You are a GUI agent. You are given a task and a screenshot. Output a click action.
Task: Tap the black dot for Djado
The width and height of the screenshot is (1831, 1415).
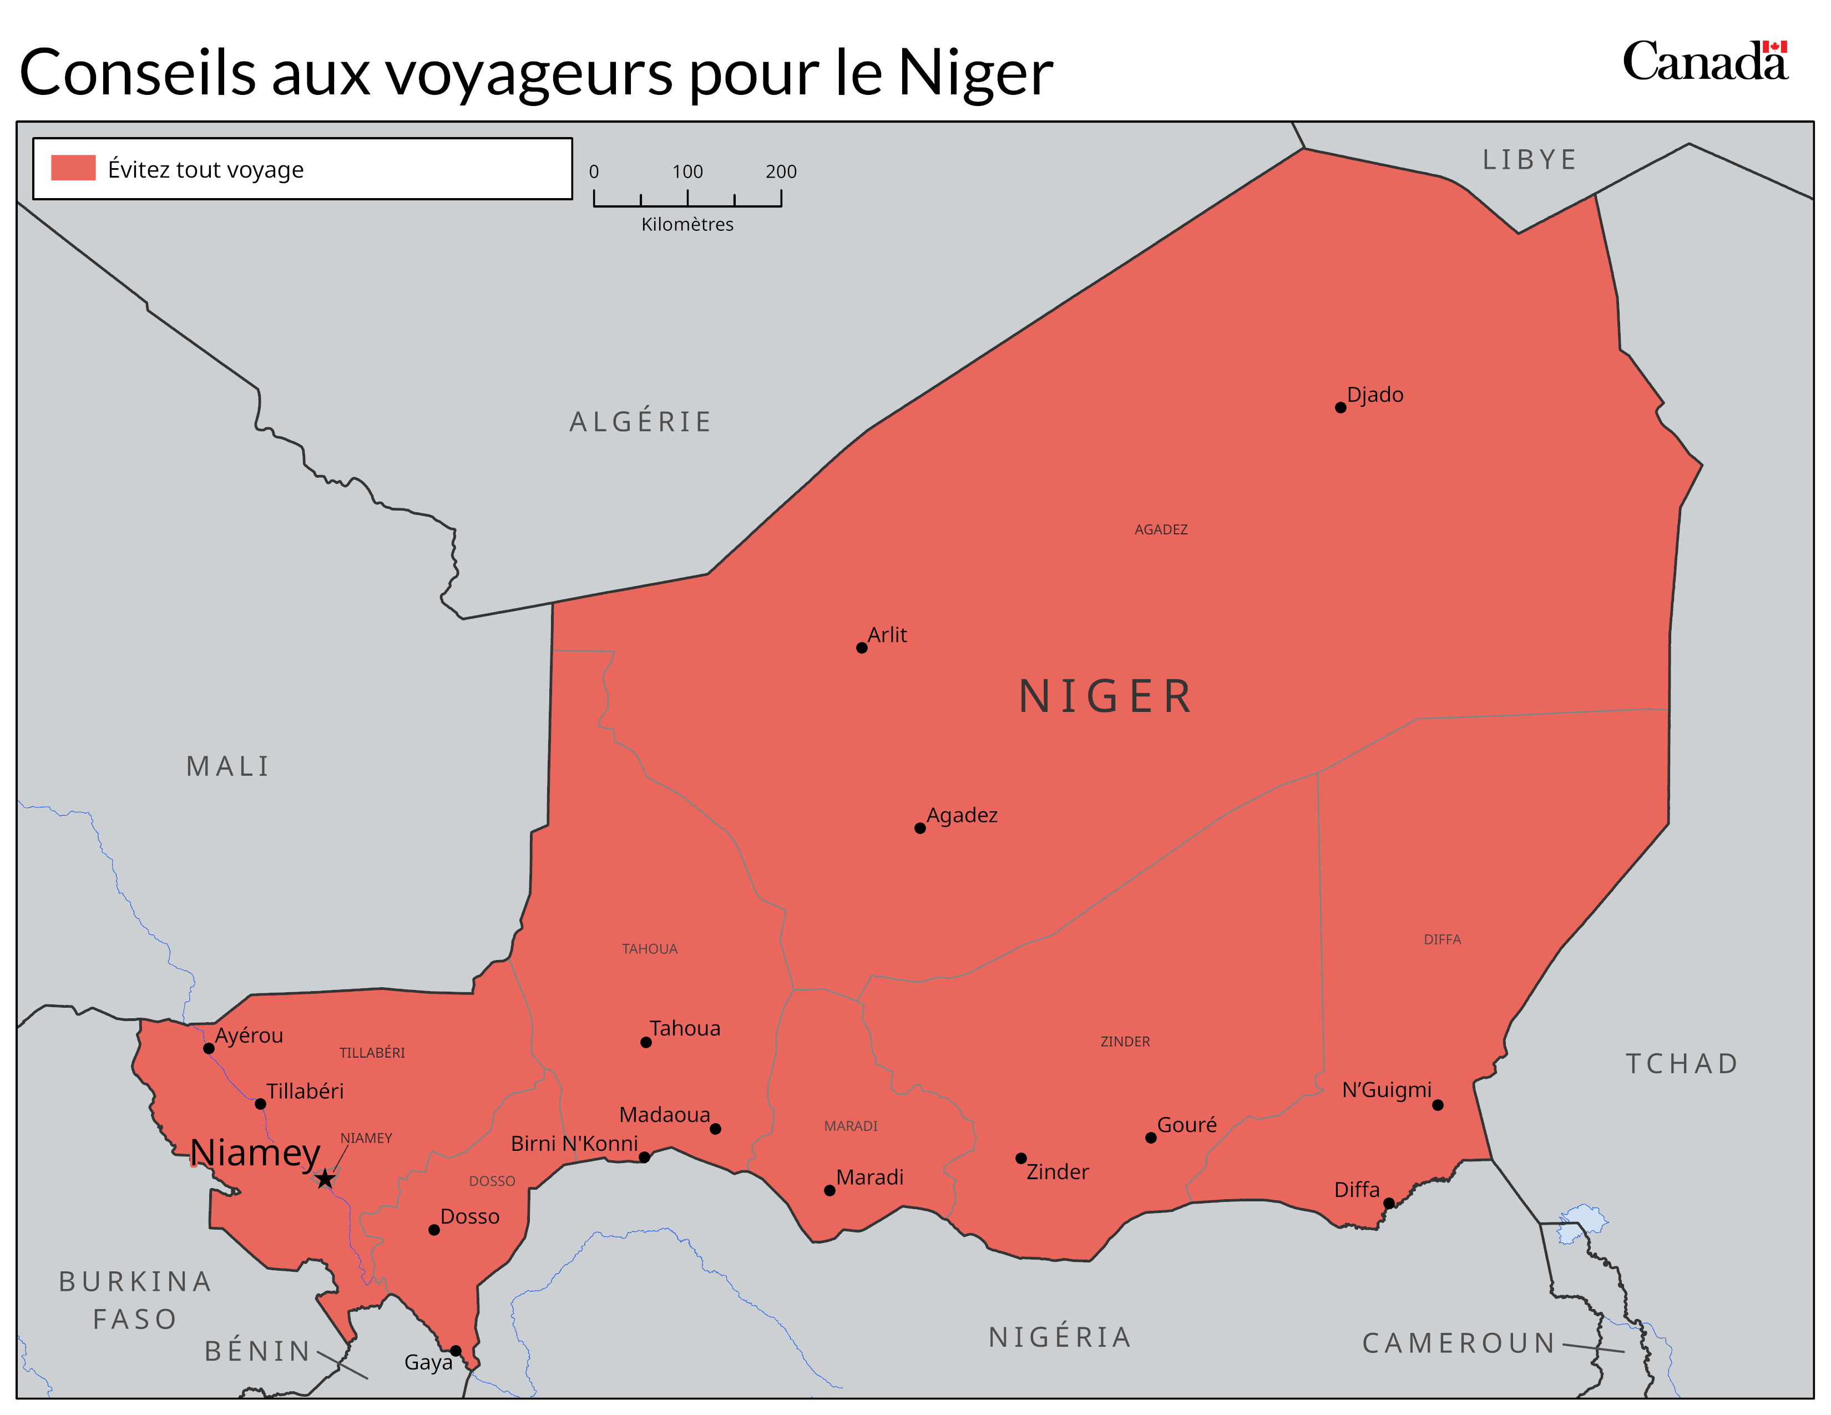1341,407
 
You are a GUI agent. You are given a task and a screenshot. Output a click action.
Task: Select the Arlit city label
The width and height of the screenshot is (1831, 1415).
887,635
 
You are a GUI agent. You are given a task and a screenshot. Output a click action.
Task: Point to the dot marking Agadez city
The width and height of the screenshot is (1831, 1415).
920,828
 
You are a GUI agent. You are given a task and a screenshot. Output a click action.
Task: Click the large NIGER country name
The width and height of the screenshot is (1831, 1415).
1107,696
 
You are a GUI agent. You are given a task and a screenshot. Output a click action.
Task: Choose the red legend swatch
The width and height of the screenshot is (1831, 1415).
73,168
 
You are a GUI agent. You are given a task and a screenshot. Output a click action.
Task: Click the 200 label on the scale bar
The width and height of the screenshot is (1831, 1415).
781,172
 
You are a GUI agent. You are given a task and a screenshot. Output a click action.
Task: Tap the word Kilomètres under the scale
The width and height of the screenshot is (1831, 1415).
687,225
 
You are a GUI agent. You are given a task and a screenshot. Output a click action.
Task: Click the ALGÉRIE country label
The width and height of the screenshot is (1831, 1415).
640,422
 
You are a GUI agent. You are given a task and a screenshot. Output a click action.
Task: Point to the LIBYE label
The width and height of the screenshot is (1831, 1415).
1530,159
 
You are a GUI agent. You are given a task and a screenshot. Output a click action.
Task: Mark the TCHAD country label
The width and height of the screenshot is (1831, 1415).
1682,1064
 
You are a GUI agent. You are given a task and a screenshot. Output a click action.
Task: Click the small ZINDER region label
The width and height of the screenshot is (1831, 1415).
1125,1041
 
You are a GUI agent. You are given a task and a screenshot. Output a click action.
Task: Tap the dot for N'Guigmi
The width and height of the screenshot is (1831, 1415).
1438,1105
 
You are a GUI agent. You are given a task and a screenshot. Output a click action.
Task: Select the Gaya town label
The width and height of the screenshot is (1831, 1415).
428,1362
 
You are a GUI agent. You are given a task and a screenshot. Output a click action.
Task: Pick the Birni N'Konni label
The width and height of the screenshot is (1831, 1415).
574,1144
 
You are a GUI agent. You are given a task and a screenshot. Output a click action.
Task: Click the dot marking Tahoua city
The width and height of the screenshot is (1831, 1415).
645,1042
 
